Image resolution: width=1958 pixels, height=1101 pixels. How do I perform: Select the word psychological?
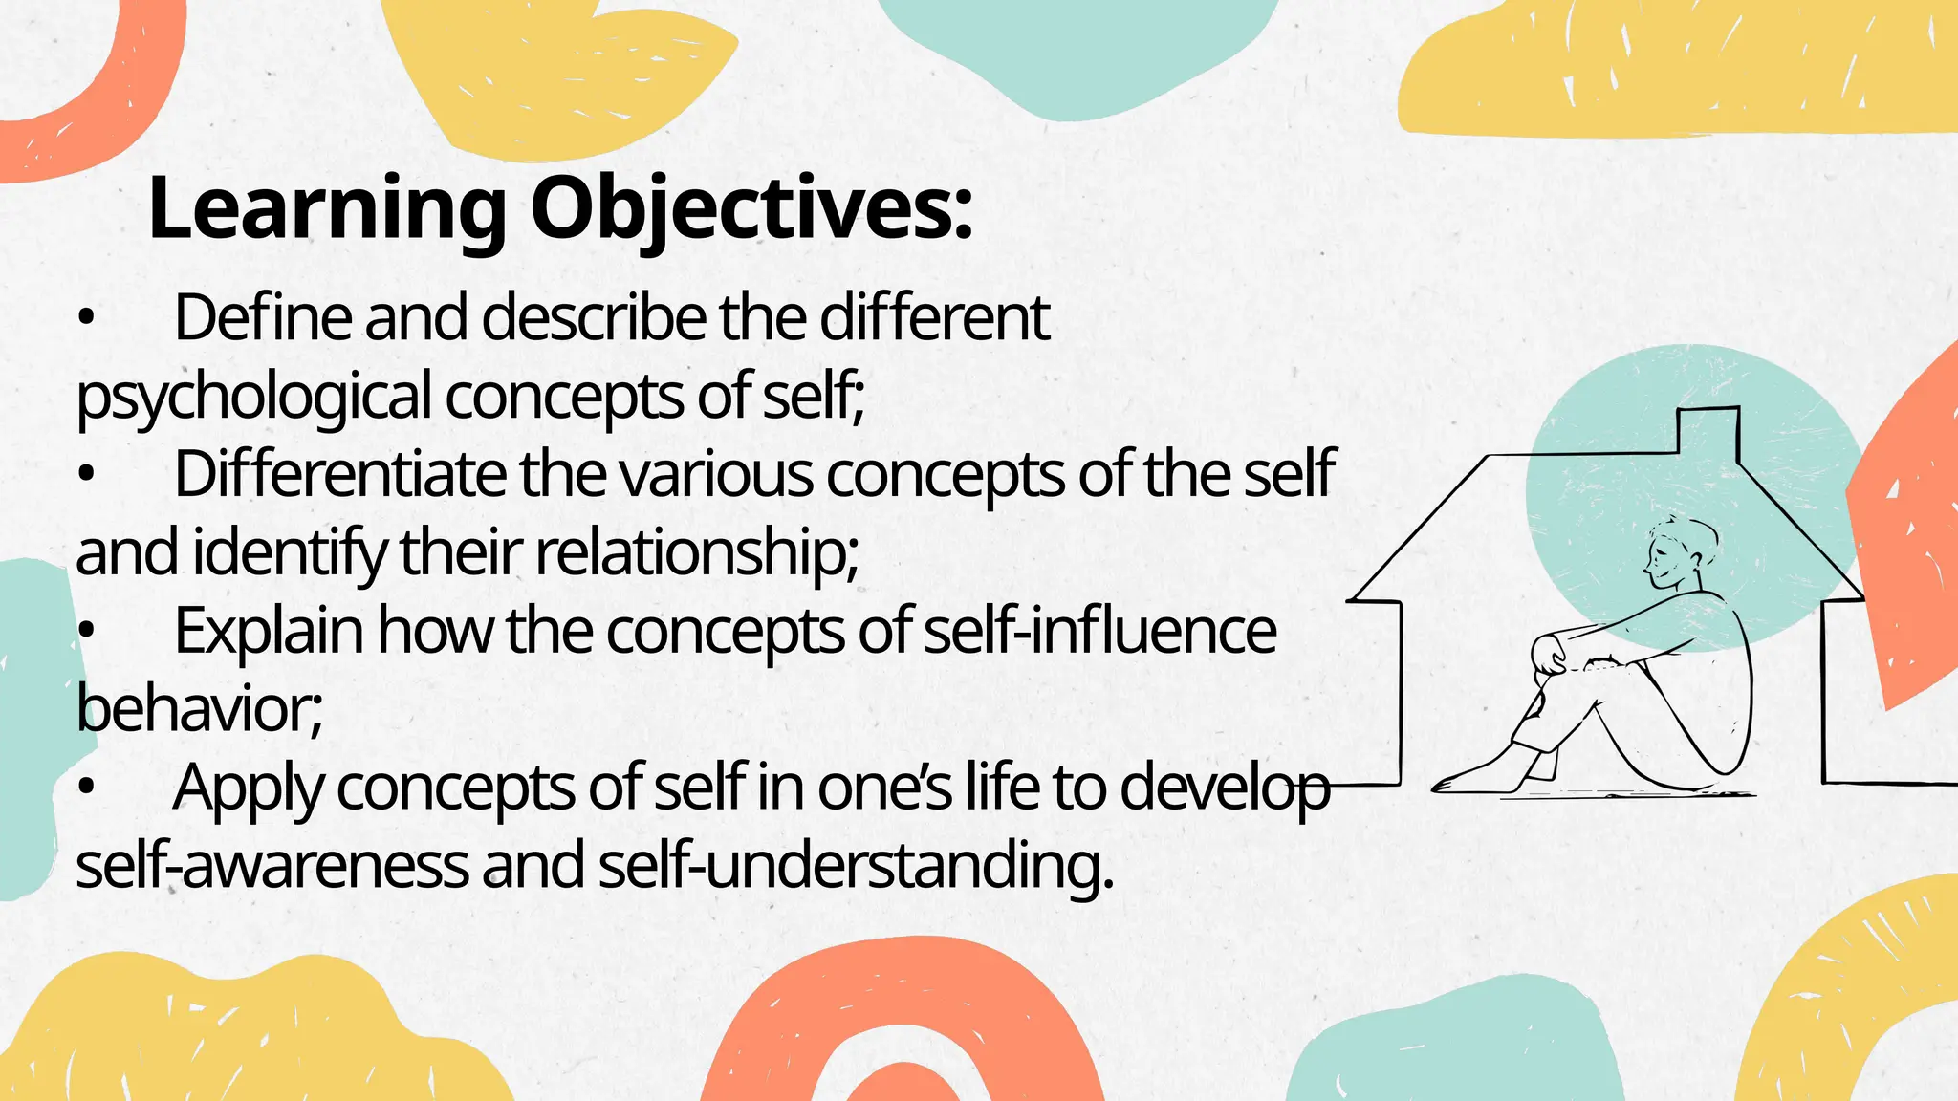253,397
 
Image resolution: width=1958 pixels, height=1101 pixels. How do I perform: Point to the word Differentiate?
339,474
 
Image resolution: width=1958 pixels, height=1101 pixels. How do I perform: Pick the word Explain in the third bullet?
269,631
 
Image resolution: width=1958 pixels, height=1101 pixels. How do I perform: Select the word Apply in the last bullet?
248,789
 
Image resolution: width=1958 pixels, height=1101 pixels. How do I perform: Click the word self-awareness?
272,866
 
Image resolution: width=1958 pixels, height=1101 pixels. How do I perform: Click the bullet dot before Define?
87,321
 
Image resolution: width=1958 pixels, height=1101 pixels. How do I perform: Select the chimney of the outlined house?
1708,430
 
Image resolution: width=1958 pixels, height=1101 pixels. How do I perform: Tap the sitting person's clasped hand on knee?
1549,656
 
